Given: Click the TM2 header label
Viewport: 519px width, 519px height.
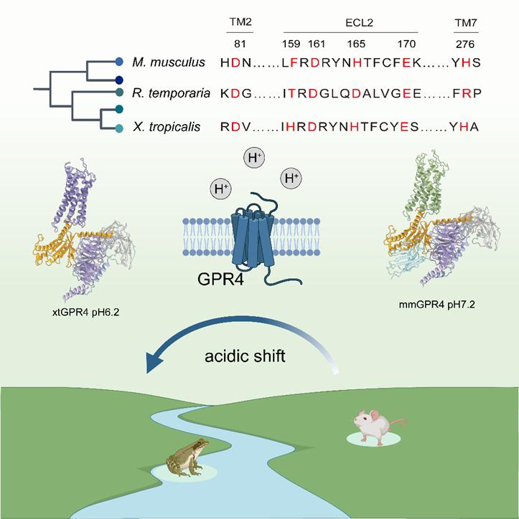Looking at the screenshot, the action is point(240,22).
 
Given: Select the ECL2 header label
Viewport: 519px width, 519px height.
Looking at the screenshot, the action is point(359,22).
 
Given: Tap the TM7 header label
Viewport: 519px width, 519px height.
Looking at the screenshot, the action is point(466,23).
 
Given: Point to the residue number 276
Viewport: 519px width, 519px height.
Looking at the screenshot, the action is point(465,44).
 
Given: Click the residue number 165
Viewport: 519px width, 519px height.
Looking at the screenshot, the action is point(356,44).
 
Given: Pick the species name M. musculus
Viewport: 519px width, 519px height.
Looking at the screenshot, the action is point(169,62).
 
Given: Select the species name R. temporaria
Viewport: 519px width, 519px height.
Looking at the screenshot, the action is point(171,93).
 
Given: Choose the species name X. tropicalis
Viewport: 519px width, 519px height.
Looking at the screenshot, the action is point(167,127).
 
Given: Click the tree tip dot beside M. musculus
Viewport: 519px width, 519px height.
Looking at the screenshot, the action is point(119,61).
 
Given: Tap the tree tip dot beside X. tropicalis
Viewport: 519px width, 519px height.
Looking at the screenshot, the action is point(119,128).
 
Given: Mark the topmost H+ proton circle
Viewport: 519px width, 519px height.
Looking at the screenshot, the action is point(254,158).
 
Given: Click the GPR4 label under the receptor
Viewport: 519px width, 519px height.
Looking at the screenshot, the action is point(220,279).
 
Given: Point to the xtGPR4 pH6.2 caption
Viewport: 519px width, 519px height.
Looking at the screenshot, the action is point(85,312).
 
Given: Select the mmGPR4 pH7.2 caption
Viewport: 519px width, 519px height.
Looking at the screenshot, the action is point(437,304).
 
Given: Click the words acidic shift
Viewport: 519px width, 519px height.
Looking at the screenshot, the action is point(245,356).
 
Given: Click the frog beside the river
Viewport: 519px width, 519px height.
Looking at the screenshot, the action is point(187,457).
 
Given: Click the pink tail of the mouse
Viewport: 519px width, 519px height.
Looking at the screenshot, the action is point(398,422).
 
